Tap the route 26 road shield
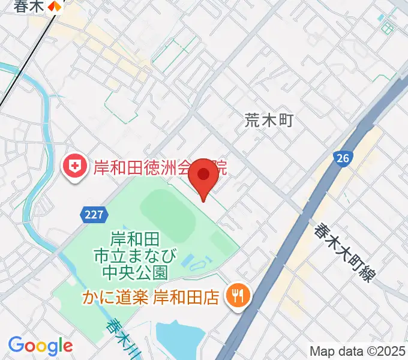tap(342, 158)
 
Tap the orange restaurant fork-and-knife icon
tap(237, 295)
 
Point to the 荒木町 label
tap(269, 121)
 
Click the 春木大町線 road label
tap(344, 251)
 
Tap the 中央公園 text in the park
tap(134, 273)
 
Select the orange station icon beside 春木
tap(55, 7)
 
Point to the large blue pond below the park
tap(180, 339)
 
